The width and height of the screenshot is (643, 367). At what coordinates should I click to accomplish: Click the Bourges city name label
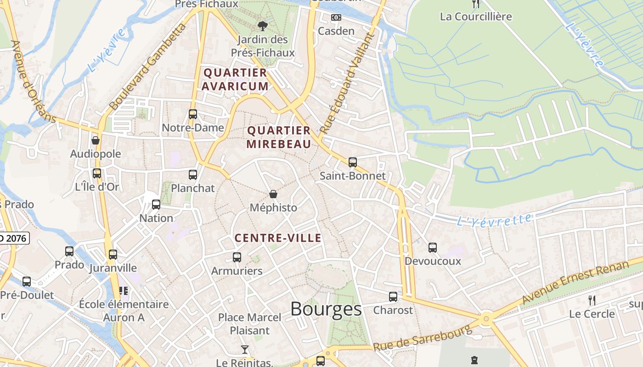click(x=326, y=309)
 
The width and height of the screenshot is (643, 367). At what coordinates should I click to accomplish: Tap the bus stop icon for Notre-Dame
click(x=193, y=114)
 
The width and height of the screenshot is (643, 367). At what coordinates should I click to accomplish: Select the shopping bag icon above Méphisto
click(x=273, y=194)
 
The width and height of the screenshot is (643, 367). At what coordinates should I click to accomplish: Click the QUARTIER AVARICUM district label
click(x=236, y=79)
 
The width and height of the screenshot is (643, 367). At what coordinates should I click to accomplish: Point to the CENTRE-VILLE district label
click(x=278, y=238)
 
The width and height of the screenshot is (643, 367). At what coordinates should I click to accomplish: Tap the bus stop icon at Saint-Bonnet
click(x=352, y=162)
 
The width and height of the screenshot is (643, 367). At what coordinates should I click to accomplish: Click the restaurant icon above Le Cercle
click(x=592, y=300)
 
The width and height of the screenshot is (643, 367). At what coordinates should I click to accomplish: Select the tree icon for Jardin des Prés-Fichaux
click(x=262, y=26)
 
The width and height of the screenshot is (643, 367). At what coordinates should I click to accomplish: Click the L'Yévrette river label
click(x=494, y=220)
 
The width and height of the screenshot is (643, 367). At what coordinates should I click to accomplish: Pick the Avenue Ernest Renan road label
click(x=575, y=283)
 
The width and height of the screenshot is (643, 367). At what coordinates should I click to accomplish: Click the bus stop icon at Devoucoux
click(x=432, y=248)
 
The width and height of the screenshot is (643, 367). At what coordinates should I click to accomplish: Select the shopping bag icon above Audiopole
click(x=96, y=140)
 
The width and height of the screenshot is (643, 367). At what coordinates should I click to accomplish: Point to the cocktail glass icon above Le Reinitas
click(x=245, y=350)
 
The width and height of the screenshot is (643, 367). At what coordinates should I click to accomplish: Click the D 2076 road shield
click(x=14, y=238)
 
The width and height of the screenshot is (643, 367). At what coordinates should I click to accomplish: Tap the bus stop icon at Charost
click(x=393, y=297)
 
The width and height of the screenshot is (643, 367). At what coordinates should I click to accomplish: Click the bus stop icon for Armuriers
click(x=237, y=257)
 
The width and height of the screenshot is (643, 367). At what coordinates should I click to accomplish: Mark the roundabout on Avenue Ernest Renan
click(x=486, y=317)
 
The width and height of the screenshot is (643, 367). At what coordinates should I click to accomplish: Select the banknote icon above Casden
click(x=336, y=17)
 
